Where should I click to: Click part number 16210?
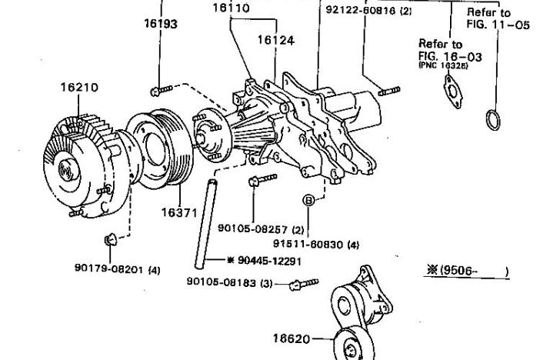[79, 87]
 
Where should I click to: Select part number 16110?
[230, 8]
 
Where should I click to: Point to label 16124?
[275, 40]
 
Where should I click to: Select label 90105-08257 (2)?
[262, 228]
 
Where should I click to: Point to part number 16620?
[293, 337]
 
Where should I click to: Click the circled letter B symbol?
[308, 201]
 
